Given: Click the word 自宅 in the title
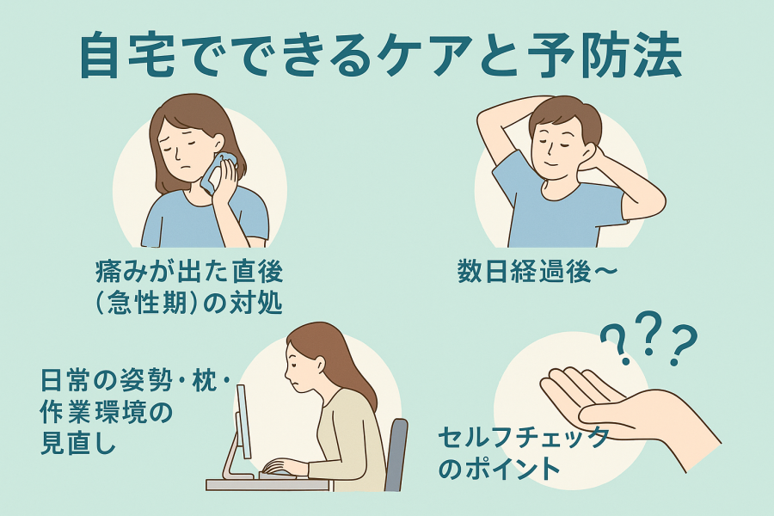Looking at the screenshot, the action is pyautogui.click(x=127, y=55).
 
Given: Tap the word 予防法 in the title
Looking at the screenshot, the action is pyautogui.click(x=609, y=55).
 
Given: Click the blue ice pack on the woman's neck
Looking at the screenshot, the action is pyautogui.click(x=218, y=172).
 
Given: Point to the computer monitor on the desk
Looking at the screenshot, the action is pyautogui.click(x=243, y=421).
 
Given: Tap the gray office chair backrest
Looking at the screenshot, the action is pyautogui.click(x=396, y=453).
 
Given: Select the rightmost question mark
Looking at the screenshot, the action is pyautogui.click(x=682, y=345).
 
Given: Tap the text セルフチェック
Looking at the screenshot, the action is pyautogui.click(x=523, y=437).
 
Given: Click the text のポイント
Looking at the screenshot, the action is pyautogui.click(x=499, y=468).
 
